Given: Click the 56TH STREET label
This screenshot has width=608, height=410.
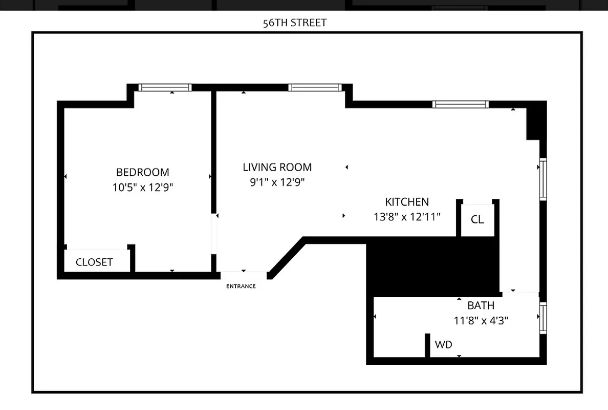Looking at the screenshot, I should (294, 23).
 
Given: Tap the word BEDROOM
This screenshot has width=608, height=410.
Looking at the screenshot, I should (142, 172).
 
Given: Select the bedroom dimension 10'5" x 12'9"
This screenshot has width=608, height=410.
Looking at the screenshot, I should (143, 188).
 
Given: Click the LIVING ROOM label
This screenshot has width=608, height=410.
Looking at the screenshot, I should (277, 167).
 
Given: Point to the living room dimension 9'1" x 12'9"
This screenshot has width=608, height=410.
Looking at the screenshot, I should (277, 182).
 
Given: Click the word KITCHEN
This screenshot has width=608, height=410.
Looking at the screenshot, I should (407, 202).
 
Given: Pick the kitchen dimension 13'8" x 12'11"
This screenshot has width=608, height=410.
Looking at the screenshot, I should (407, 217).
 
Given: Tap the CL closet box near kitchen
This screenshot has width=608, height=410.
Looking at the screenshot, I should (477, 219).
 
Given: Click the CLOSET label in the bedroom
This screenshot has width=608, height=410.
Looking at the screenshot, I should (94, 262).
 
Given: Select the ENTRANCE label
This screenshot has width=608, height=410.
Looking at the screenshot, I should (241, 286).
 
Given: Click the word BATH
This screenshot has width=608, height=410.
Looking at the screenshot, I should (481, 305).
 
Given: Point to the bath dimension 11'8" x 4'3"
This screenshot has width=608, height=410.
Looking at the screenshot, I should (481, 321).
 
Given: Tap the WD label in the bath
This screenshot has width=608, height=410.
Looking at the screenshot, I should (443, 345).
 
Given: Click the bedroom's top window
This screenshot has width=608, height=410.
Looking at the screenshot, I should (165, 88).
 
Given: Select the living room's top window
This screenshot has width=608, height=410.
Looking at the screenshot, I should (314, 88).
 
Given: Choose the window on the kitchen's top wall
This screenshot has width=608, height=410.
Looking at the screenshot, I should (460, 105).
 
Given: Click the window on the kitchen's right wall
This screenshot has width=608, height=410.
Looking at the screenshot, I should (543, 179).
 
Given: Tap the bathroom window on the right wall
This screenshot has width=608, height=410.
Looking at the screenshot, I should (543, 318).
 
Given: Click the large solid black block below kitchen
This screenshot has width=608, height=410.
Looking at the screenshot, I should (432, 266).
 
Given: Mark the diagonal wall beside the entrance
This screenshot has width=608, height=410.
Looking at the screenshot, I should (287, 259).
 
